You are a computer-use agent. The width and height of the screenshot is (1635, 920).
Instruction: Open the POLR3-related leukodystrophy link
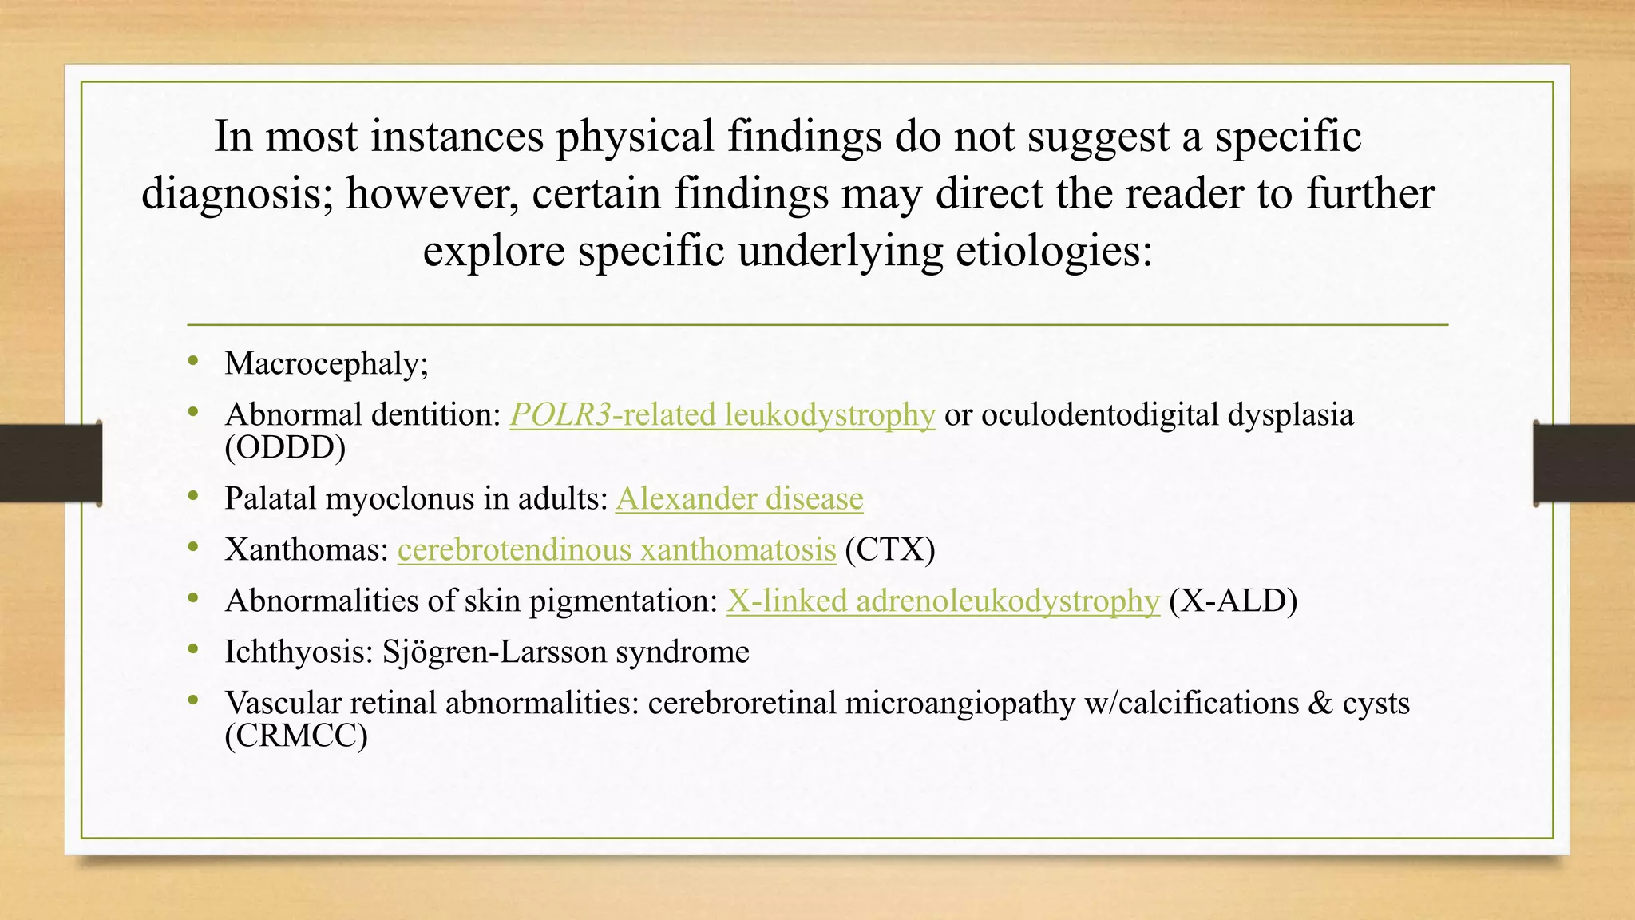tap(722, 415)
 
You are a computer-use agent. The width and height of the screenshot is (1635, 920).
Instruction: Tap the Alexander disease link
tap(739, 498)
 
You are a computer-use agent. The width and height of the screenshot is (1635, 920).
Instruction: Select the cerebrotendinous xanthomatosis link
tap(616, 549)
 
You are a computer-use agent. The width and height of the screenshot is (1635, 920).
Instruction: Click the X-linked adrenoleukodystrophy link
tap(942, 601)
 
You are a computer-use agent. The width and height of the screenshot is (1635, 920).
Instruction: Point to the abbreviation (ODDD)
tap(285, 448)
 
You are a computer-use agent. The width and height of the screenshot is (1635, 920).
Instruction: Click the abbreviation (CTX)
tap(889, 549)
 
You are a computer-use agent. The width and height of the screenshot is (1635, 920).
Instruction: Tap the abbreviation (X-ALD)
tap(1233, 601)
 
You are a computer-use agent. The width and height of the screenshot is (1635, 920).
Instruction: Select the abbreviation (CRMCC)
tap(296, 736)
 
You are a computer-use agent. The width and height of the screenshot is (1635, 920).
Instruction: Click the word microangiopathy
tap(960, 703)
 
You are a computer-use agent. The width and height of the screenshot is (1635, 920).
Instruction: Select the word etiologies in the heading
tap(1054, 251)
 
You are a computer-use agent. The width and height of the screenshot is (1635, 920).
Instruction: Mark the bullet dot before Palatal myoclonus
tap(193, 497)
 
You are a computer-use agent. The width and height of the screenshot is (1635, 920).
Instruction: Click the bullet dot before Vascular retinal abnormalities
tap(193, 701)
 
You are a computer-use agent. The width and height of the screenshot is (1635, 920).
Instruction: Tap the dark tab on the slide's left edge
tap(50, 463)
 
